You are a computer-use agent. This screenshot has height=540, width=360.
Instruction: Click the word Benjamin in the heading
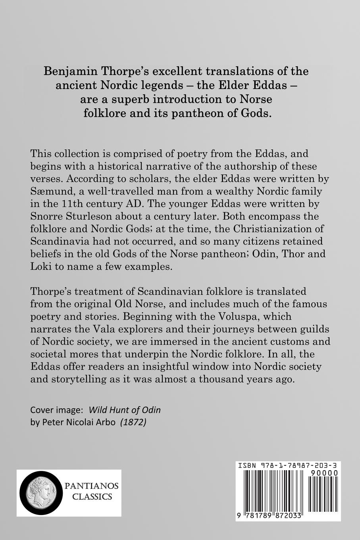(x=68, y=71)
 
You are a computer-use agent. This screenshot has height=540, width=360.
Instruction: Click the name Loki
(x=39, y=267)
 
